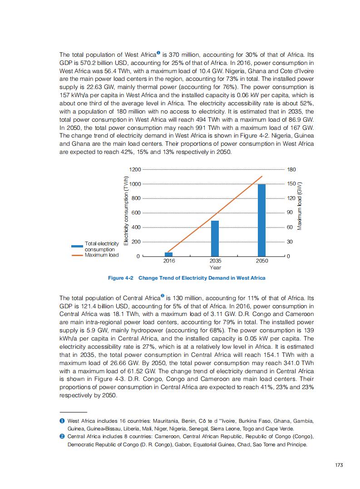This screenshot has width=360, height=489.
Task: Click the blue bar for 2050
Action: click(261, 220)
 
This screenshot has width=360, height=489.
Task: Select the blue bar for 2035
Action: click(215, 238)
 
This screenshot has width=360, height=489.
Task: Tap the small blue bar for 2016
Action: click(168, 254)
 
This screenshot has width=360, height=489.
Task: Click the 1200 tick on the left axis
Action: click(135, 169)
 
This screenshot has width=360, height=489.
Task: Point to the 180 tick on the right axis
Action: click(291, 169)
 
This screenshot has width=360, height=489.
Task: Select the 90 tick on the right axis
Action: click(290, 213)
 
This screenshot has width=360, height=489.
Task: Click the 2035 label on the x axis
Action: click(215, 261)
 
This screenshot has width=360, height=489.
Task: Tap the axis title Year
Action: click(215, 267)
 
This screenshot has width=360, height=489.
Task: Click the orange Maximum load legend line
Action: click(77, 255)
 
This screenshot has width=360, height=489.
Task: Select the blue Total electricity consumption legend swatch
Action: click(77, 246)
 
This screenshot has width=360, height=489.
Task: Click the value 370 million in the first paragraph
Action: click(191, 55)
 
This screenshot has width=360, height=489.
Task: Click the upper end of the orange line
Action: click(262, 176)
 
